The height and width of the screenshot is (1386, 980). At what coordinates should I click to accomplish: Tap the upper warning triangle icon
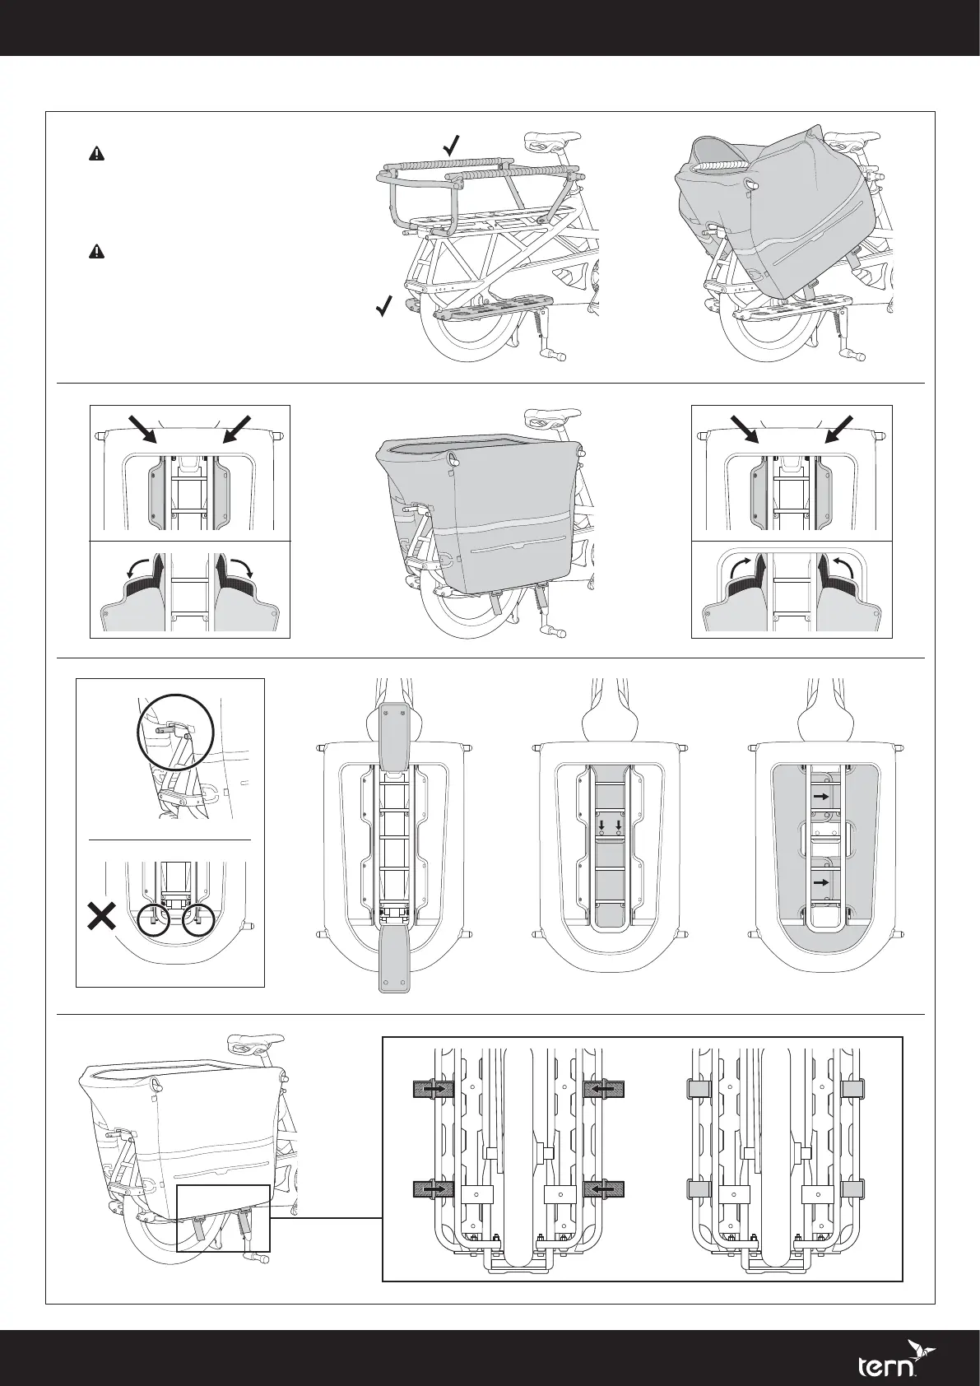point(96,153)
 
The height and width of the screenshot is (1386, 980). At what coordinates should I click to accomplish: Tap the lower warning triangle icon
point(96,252)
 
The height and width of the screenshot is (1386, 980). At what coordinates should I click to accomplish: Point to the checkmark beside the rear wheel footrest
point(383,307)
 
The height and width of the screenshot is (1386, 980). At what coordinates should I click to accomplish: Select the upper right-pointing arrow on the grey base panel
point(820,797)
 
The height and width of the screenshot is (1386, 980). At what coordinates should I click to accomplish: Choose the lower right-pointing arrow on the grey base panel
point(820,881)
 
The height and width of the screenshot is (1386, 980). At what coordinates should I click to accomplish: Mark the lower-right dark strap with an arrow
point(604,1188)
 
